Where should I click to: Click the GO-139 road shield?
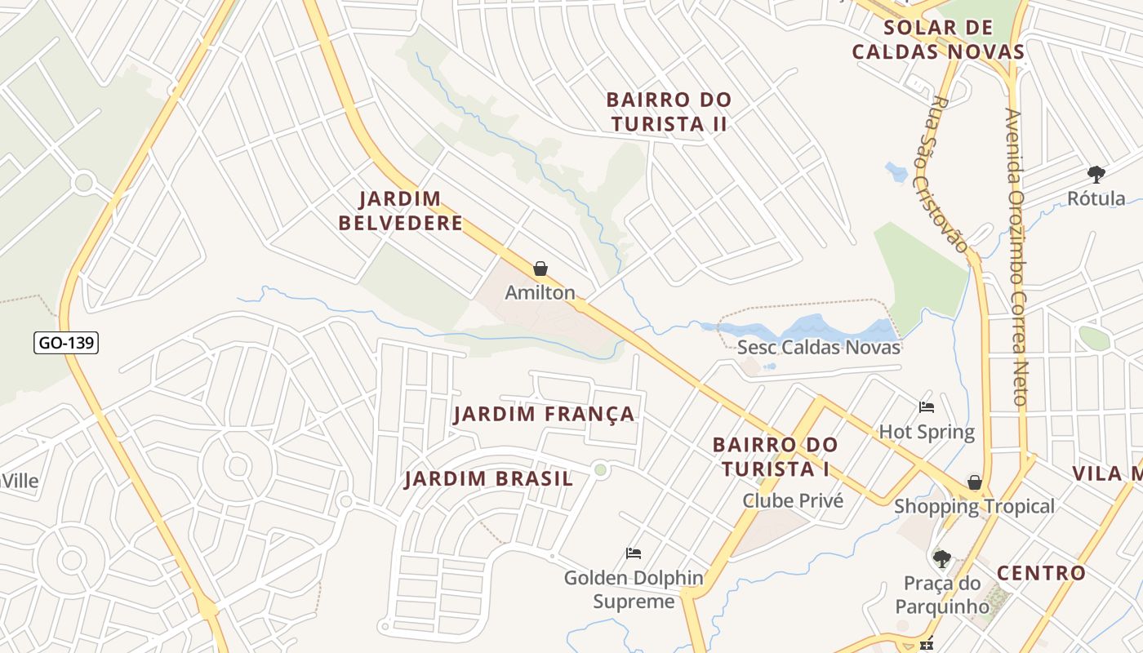pos(66,343)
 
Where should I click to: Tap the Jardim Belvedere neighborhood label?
pos(400,211)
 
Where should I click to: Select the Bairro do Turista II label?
pos(669,112)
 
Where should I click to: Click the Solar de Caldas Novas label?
pos(938,40)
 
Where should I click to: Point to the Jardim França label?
pos(544,414)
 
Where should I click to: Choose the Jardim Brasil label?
pos(489,478)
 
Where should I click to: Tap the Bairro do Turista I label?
pos(775,456)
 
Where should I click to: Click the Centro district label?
pos(1041,573)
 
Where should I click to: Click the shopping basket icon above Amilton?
pos(540,269)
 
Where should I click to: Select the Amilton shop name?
pos(540,292)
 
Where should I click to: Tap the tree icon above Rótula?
pos(1096,174)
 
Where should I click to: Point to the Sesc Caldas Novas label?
pos(818,347)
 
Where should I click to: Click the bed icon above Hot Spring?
pos(927,406)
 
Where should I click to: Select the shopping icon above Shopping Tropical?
pos(974,482)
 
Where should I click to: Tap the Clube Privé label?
pos(792,500)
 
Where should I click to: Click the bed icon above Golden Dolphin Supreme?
pos(633,553)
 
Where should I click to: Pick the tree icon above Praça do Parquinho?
pos(942,559)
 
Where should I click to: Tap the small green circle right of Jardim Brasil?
pos(601,469)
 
